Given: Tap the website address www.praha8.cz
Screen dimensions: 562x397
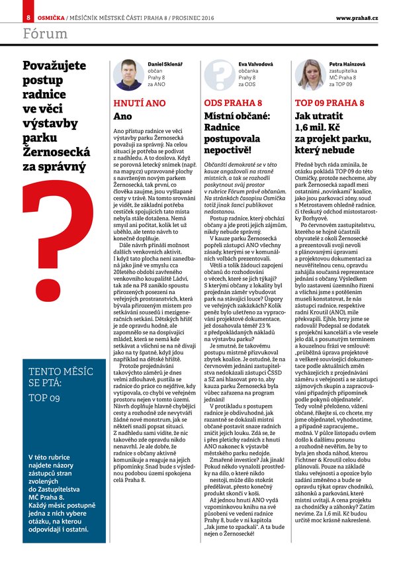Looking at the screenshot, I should (x=357, y=17).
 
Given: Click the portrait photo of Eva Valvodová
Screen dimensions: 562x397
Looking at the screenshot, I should (x=216, y=75).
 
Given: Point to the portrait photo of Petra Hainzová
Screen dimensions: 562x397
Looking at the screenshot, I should (x=308, y=75).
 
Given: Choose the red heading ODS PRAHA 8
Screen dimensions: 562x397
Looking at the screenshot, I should (x=233, y=104).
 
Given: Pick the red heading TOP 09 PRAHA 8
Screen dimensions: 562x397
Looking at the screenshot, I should (x=329, y=104).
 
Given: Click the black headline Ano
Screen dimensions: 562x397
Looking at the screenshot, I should (x=123, y=117).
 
